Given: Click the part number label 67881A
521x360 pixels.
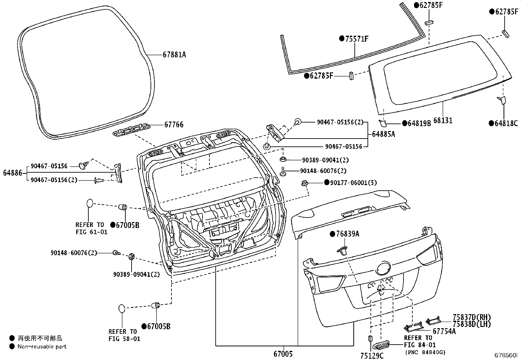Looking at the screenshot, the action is [174, 55].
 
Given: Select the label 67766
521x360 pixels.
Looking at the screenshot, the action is [174, 124].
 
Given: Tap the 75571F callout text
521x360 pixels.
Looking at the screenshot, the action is [357, 39].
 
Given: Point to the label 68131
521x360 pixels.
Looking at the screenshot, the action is [443, 121].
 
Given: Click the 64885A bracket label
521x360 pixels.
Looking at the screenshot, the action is [384, 134].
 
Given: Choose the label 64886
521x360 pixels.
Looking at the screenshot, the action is [12, 173].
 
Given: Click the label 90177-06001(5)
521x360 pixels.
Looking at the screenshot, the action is [353, 182].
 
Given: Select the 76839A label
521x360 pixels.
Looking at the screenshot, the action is [348, 234].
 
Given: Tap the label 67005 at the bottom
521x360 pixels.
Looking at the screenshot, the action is [283, 354].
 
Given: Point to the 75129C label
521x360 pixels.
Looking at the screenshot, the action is [372, 355].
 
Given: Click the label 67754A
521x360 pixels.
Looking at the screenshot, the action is [444, 331].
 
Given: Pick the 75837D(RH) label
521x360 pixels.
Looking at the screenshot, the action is [472, 317].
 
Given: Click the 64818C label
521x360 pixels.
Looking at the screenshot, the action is [506, 123].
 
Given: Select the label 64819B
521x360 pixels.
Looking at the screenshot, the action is [419, 123].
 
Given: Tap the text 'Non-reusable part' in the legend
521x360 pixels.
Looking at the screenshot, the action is [42, 347].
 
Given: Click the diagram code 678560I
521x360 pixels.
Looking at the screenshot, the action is [506, 355].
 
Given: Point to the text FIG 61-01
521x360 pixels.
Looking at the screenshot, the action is [92, 232].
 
